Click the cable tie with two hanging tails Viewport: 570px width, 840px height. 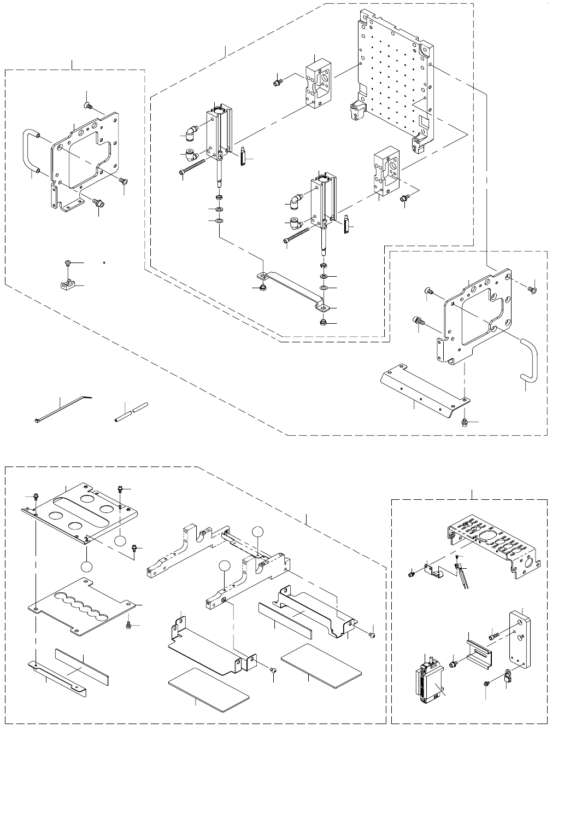pos(462,574)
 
